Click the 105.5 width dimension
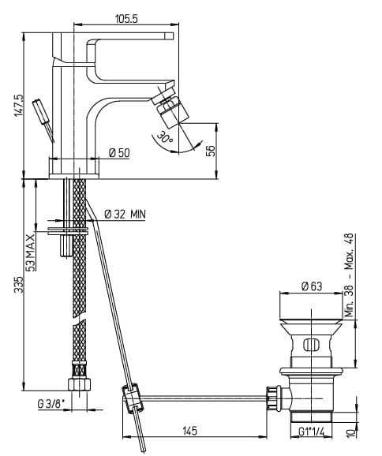[126, 19]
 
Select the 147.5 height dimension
[20, 105]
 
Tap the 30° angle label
[165, 136]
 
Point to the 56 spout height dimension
[211, 151]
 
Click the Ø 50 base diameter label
[120, 153]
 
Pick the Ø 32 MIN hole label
[125, 215]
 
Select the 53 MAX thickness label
[31, 252]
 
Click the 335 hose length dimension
[19, 285]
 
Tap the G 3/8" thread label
[51, 404]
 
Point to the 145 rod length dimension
[189, 431]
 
